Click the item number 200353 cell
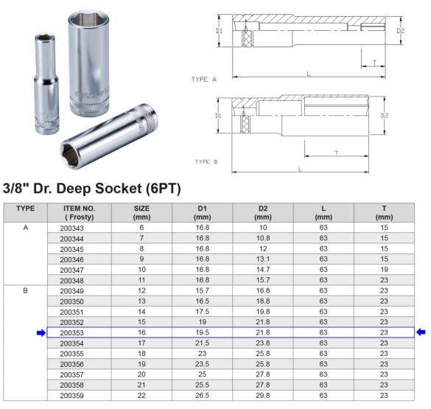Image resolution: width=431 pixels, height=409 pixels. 77,333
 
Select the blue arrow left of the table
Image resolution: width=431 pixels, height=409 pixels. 41,333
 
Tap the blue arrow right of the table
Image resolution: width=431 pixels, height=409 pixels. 421,332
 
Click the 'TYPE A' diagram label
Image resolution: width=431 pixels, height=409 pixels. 204,79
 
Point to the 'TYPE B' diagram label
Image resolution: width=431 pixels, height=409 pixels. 206,161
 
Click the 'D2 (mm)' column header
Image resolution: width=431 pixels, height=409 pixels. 263,213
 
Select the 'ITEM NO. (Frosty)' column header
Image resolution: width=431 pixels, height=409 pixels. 77,213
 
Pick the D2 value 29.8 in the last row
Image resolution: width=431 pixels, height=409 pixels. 263,396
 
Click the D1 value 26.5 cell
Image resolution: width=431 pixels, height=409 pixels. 202,396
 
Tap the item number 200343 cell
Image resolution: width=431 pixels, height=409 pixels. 77,229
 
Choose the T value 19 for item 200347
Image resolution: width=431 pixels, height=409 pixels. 384,270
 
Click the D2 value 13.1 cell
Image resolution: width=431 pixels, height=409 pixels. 263,260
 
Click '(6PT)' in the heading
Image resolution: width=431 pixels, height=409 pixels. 156,187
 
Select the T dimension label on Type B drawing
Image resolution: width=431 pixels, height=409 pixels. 337,153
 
